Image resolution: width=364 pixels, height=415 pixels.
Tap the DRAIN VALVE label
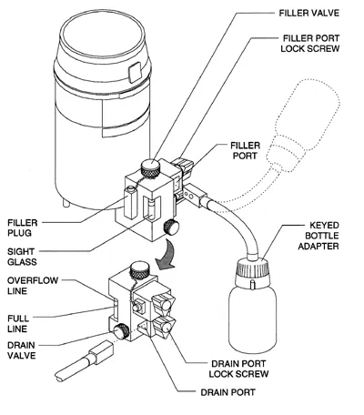tap(24, 350)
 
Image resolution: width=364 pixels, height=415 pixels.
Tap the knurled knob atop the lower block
tap(138, 269)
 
